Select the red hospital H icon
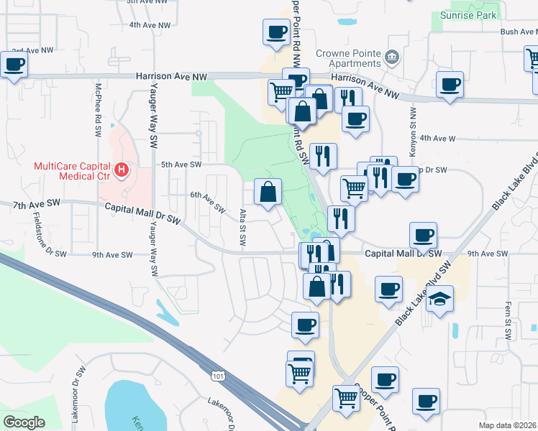122,171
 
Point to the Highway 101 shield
217,375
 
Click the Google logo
24,422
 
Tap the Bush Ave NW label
519,32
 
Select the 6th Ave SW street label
208,199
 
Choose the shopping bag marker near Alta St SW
268,192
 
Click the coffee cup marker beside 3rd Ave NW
14,65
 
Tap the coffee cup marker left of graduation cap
389,289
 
